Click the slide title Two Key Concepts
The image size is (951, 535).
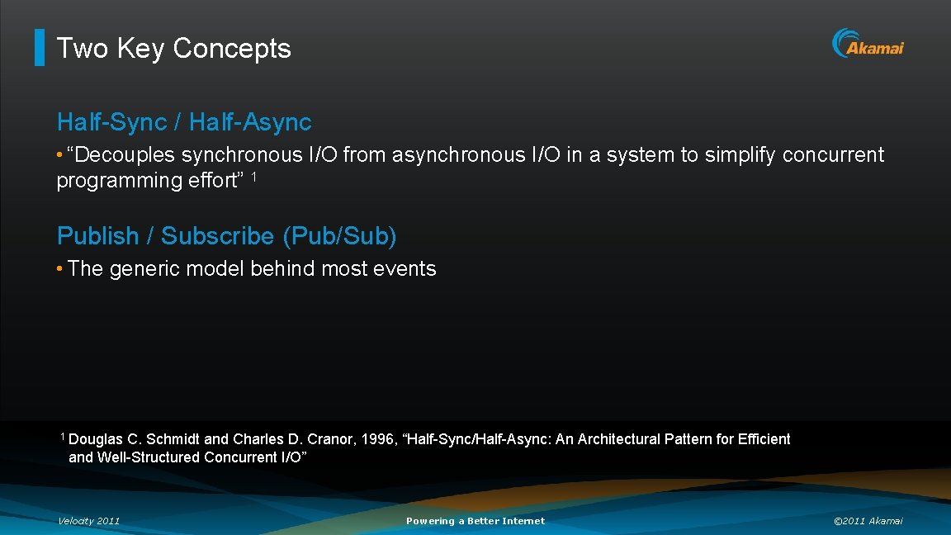pyautogui.click(x=173, y=48)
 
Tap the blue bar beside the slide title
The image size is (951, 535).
pyautogui.click(x=39, y=48)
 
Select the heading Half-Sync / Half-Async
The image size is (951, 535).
pyautogui.click(x=184, y=122)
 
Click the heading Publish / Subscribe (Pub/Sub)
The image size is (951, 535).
pyautogui.click(x=226, y=236)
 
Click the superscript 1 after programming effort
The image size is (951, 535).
pyautogui.click(x=254, y=177)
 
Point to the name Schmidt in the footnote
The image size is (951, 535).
pyautogui.click(x=173, y=439)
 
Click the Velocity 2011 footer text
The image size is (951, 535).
pyautogui.click(x=88, y=521)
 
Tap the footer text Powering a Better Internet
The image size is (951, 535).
pyautogui.click(x=475, y=521)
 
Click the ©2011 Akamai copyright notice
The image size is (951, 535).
pyautogui.click(x=868, y=521)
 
